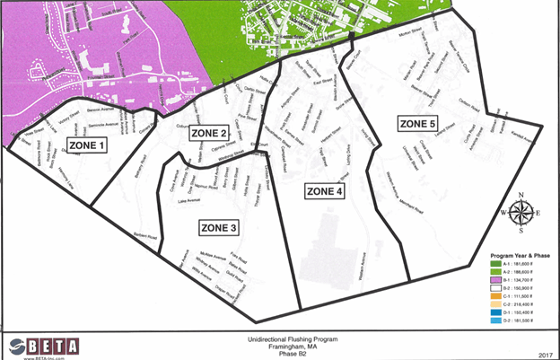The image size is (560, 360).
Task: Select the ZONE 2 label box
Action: point(210,134)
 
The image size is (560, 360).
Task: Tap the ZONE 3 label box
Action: point(214,229)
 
